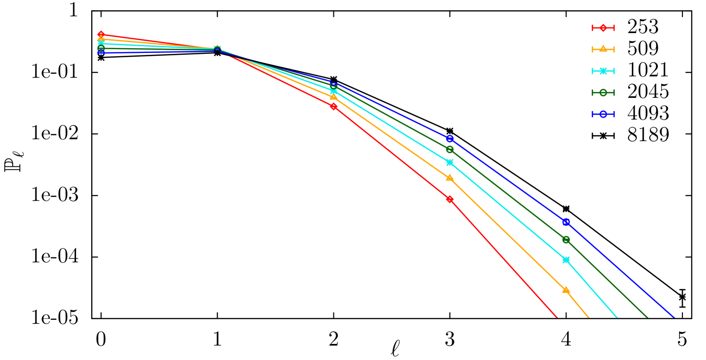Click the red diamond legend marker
click(x=603, y=28)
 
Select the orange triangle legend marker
click(x=603, y=49)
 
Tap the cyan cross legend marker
click(x=603, y=71)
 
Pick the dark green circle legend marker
click(x=603, y=93)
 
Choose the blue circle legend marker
click(x=603, y=114)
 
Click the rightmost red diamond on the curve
click(x=450, y=199)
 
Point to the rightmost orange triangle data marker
click(x=566, y=290)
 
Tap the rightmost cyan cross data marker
click(x=566, y=260)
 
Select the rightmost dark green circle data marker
click(x=566, y=240)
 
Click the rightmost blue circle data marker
click(x=566, y=222)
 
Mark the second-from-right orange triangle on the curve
click(x=450, y=178)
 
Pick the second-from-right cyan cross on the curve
click(x=450, y=163)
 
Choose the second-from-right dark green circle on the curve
click(x=450, y=149)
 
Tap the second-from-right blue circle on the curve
click(x=450, y=138)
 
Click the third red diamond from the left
click(x=333, y=106)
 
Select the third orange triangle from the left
click(x=333, y=97)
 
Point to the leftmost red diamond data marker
click(x=101, y=34)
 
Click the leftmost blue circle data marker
click(x=101, y=52)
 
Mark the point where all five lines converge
click(x=217, y=49)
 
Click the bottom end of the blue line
click(x=674, y=317)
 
